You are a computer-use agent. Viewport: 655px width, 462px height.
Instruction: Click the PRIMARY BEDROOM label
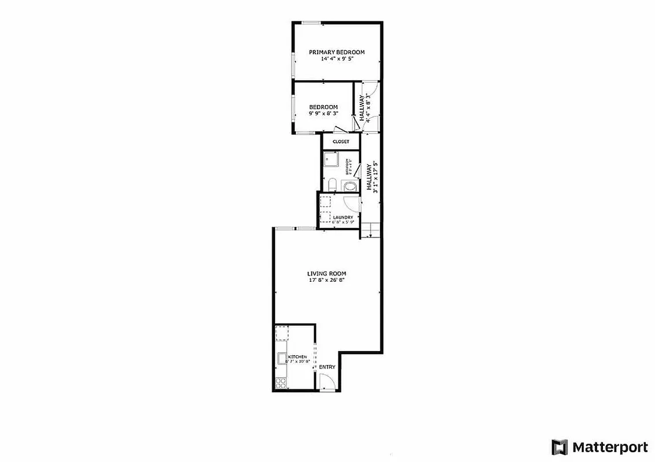pos(337,52)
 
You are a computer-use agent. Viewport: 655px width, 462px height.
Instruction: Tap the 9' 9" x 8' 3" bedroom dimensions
pos(323,114)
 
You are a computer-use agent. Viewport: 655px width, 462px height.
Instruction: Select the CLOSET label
pos(341,141)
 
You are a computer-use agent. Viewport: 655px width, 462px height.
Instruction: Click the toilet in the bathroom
pos(332,185)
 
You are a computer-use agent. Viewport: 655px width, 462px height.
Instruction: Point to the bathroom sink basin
pos(349,186)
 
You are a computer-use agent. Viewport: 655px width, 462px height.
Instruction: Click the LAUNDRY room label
pos(343,217)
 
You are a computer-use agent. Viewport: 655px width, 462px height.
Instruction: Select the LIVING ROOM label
pos(326,274)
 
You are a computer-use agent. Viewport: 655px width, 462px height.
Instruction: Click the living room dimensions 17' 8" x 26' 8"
pos(326,281)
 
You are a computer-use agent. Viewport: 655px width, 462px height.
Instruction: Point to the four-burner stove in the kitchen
pos(281,383)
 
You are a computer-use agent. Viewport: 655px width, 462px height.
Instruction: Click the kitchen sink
pos(281,358)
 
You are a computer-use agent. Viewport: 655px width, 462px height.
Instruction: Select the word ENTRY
pos(327,367)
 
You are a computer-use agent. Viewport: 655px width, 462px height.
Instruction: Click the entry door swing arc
pos(327,381)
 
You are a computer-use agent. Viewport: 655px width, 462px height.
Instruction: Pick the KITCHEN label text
pos(297,357)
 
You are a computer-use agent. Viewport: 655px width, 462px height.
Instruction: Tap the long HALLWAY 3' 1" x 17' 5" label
pos(373,176)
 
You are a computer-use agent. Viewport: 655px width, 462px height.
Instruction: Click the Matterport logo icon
pos(559,447)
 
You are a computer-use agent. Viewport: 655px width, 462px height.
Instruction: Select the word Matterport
pos(610,447)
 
